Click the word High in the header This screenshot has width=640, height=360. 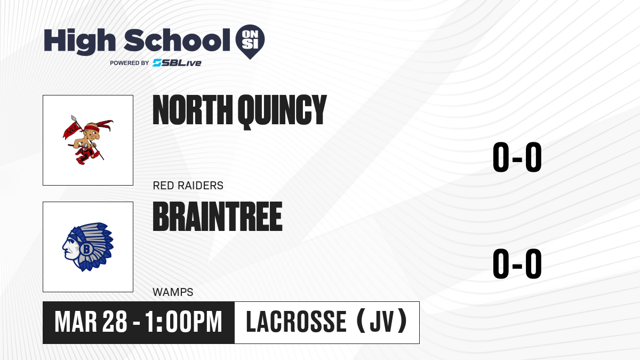pyautogui.click(x=79, y=41)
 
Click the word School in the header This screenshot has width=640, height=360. pyautogui.click(x=177, y=39)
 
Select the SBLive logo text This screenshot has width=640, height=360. pyautogui.click(x=177, y=63)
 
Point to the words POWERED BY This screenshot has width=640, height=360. pyautogui.click(x=130, y=63)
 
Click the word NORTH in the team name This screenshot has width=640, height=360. pyautogui.click(x=193, y=110)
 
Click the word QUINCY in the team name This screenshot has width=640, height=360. pyautogui.click(x=282, y=111)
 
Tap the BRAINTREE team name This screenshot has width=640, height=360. pyautogui.click(x=218, y=217)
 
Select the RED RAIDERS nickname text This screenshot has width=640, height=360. pyautogui.click(x=188, y=186)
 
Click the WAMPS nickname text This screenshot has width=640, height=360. pyautogui.click(x=173, y=292)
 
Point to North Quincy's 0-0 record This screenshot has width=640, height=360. pyautogui.click(x=517, y=157)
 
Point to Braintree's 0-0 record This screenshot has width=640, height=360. pyautogui.click(x=517, y=263)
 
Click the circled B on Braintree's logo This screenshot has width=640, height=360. pyautogui.click(x=86, y=249)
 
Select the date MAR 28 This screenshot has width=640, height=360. pyautogui.click(x=91, y=322)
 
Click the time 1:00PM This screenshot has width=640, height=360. pyautogui.click(x=183, y=322)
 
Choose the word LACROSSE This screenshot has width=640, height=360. pyautogui.click(x=297, y=322)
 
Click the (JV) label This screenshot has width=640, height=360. pyautogui.click(x=382, y=321)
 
